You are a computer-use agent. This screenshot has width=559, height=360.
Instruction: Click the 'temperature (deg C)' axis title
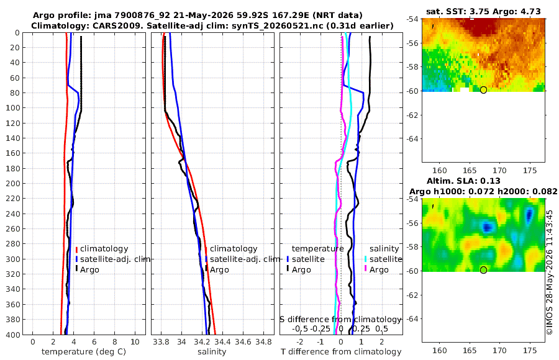pos(84,352)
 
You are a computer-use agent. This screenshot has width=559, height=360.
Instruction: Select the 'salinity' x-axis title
pos(212,352)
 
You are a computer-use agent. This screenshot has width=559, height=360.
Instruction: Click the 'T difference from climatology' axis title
pos(341,352)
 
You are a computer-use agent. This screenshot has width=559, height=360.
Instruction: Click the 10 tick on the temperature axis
pos(135,342)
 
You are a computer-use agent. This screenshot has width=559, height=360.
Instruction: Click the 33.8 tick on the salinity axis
pos(161,342)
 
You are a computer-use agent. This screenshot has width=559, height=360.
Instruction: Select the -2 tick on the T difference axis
pos(300,342)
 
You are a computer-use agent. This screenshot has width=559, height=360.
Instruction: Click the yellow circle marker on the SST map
pos(483,90)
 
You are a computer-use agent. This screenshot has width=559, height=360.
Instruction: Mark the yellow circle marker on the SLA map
pos(483,270)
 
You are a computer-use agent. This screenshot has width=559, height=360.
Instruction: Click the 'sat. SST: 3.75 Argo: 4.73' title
pos(483,12)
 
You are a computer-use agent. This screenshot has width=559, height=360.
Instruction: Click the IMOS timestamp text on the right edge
pos(550,272)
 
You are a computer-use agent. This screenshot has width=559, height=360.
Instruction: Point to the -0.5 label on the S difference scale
pos(300,328)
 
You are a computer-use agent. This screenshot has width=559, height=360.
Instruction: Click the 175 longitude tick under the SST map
pos(530,171)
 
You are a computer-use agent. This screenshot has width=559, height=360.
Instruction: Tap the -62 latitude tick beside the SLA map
pos(412,295)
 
